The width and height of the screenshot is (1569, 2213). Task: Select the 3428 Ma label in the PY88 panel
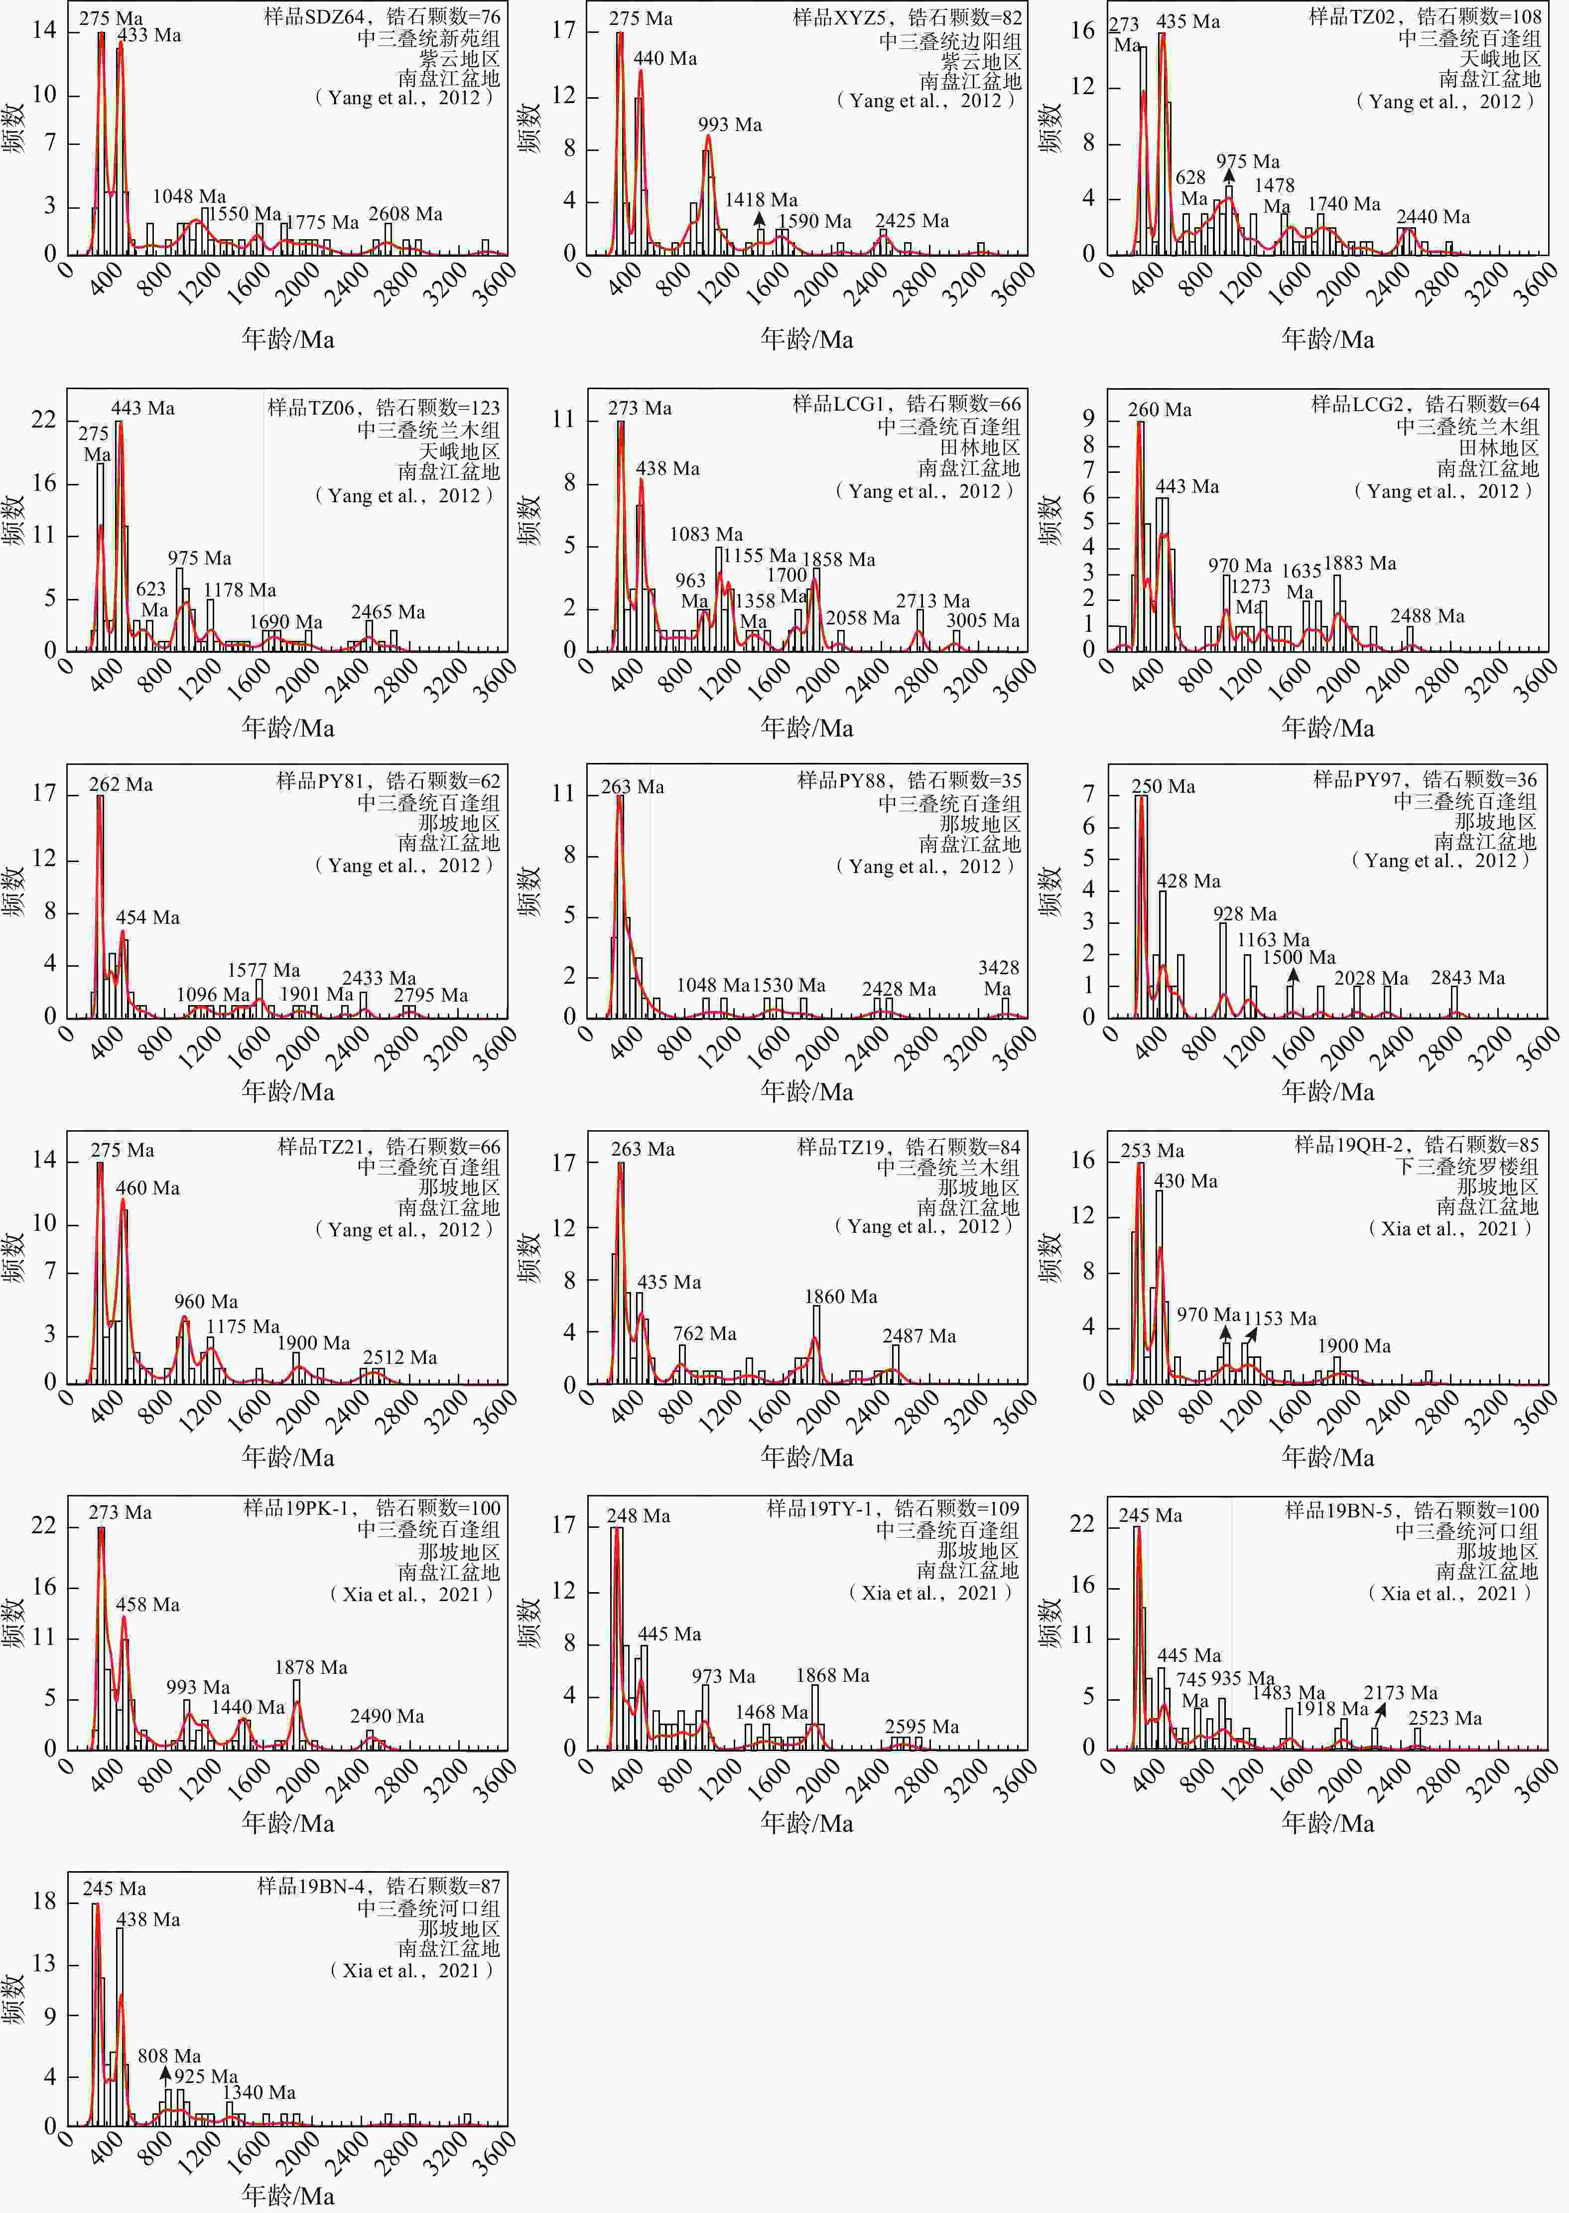(x=998, y=978)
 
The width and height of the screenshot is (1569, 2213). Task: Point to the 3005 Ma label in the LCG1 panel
(x=983, y=620)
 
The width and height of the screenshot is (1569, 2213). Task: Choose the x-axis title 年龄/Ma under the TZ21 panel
(x=288, y=1457)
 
